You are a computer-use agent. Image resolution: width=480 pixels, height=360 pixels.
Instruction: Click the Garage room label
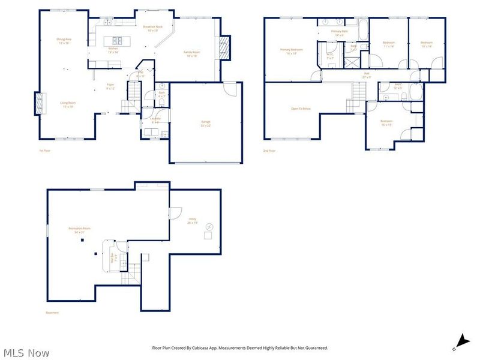(x=206, y=124)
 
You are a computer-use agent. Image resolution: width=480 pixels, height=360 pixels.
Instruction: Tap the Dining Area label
(x=64, y=41)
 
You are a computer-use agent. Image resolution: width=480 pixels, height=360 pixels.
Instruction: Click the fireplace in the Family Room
(x=225, y=48)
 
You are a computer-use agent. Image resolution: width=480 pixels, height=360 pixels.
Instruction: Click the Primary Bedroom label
(x=292, y=51)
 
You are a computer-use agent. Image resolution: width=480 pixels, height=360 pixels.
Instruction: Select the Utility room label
(x=192, y=220)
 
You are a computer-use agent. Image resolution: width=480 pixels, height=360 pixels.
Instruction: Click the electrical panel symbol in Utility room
(x=209, y=226)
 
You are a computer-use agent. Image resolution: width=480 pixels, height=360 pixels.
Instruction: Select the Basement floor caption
(x=53, y=313)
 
